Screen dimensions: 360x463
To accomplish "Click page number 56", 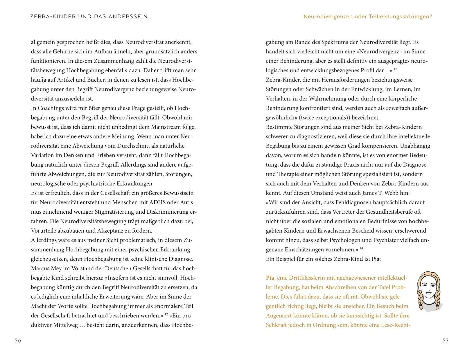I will point(18,341).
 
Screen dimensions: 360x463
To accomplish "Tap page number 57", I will point(446,341).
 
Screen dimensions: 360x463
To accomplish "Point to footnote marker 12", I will point(166,314).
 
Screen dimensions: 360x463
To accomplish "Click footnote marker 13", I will point(395,69).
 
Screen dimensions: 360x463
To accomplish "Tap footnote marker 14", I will point(361,248).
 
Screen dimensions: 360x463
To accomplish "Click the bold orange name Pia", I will point(270,278).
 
